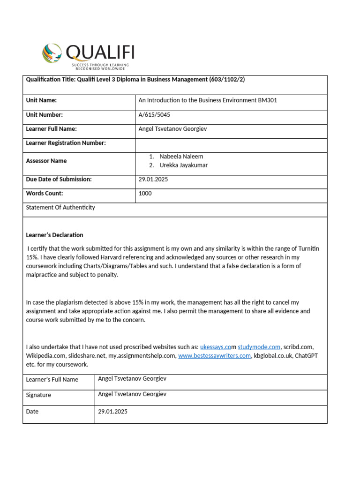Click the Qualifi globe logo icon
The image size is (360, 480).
click(x=52, y=53)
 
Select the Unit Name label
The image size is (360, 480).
click(x=41, y=100)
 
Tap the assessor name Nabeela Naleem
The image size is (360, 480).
click(x=181, y=157)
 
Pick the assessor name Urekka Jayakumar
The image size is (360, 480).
click(x=184, y=165)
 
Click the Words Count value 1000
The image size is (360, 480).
click(x=145, y=193)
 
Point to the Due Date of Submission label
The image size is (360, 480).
click(x=59, y=179)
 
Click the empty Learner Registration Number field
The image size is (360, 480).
click(x=231, y=143)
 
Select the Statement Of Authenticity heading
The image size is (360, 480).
click(x=60, y=207)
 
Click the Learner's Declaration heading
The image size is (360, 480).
click(x=54, y=235)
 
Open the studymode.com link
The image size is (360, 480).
click(x=259, y=347)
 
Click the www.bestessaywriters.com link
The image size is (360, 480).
click(x=214, y=356)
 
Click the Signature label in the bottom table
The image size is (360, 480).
click(x=39, y=395)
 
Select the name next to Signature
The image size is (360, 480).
click(x=132, y=394)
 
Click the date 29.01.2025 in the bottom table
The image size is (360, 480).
click(x=112, y=412)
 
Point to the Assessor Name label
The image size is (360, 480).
click(x=46, y=161)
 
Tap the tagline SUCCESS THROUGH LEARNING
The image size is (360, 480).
click(x=100, y=65)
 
